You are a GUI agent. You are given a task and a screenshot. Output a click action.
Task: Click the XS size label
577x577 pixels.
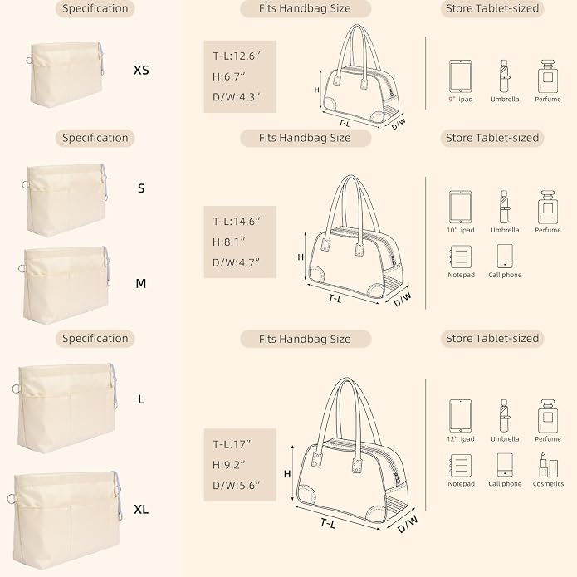pyautogui.click(x=141, y=70)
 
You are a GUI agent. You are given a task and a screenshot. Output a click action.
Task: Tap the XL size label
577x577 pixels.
pyautogui.click(x=141, y=509)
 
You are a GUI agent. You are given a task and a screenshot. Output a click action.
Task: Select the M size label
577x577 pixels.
pyautogui.click(x=141, y=283)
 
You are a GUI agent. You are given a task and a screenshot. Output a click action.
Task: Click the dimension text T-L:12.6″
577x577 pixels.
pyautogui.click(x=237, y=56)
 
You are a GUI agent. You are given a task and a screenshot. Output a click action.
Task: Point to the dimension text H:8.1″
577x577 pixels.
pyautogui.click(x=228, y=242)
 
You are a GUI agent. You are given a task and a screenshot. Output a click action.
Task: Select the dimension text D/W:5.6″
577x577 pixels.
pyautogui.click(x=237, y=486)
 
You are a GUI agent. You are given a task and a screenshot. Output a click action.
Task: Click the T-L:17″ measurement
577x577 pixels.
pyautogui.click(x=232, y=444)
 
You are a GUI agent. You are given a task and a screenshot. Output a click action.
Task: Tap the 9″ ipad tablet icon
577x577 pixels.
pyautogui.click(x=460, y=76)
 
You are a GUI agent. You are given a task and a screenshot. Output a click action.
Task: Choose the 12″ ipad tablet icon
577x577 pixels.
pyautogui.click(x=460, y=416)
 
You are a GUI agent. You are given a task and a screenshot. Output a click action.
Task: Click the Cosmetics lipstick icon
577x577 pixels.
pyautogui.click(x=548, y=465)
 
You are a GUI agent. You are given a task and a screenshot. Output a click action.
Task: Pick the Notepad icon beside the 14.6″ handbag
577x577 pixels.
pyautogui.click(x=460, y=257)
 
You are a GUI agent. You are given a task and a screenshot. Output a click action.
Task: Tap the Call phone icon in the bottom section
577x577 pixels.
pyautogui.click(x=505, y=465)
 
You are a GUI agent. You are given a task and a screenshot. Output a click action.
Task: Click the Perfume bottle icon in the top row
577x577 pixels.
pyautogui.click(x=548, y=76)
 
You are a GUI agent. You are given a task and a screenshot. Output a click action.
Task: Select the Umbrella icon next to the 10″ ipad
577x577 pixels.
pyautogui.click(x=505, y=207)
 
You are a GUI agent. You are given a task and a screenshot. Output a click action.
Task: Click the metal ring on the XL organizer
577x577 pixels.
pyautogui.click(x=12, y=499)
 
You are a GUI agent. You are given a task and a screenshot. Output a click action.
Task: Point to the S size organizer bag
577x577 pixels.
pyautogui.click(x=66, y=199)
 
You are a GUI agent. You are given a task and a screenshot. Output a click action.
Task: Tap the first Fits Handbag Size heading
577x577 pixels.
pyautogui.click(x=305, y=8)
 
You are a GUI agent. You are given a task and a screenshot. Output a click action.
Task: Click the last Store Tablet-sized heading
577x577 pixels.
pyautogui.click(x=492, y=338)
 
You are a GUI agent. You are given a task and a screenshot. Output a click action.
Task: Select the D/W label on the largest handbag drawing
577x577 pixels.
pyautogui.click(x=408, y=524)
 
